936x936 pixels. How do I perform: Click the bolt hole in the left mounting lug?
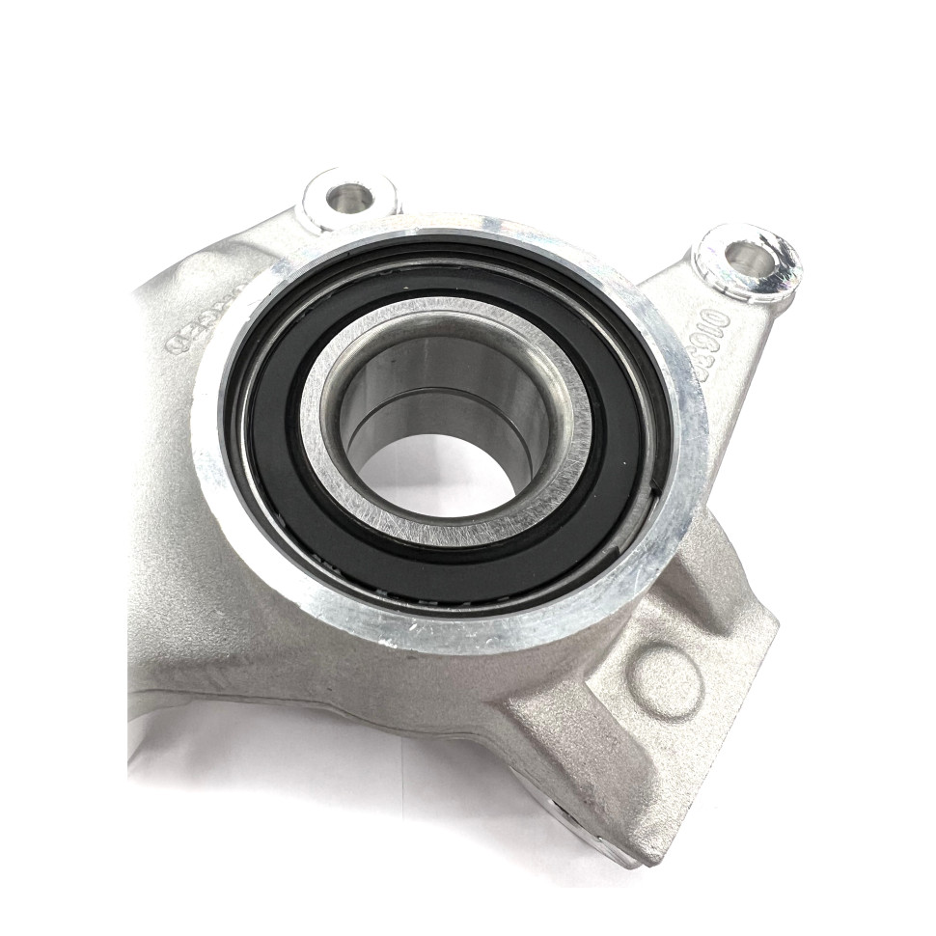coord(348,198)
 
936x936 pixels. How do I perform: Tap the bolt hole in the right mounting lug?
coord(745,256)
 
